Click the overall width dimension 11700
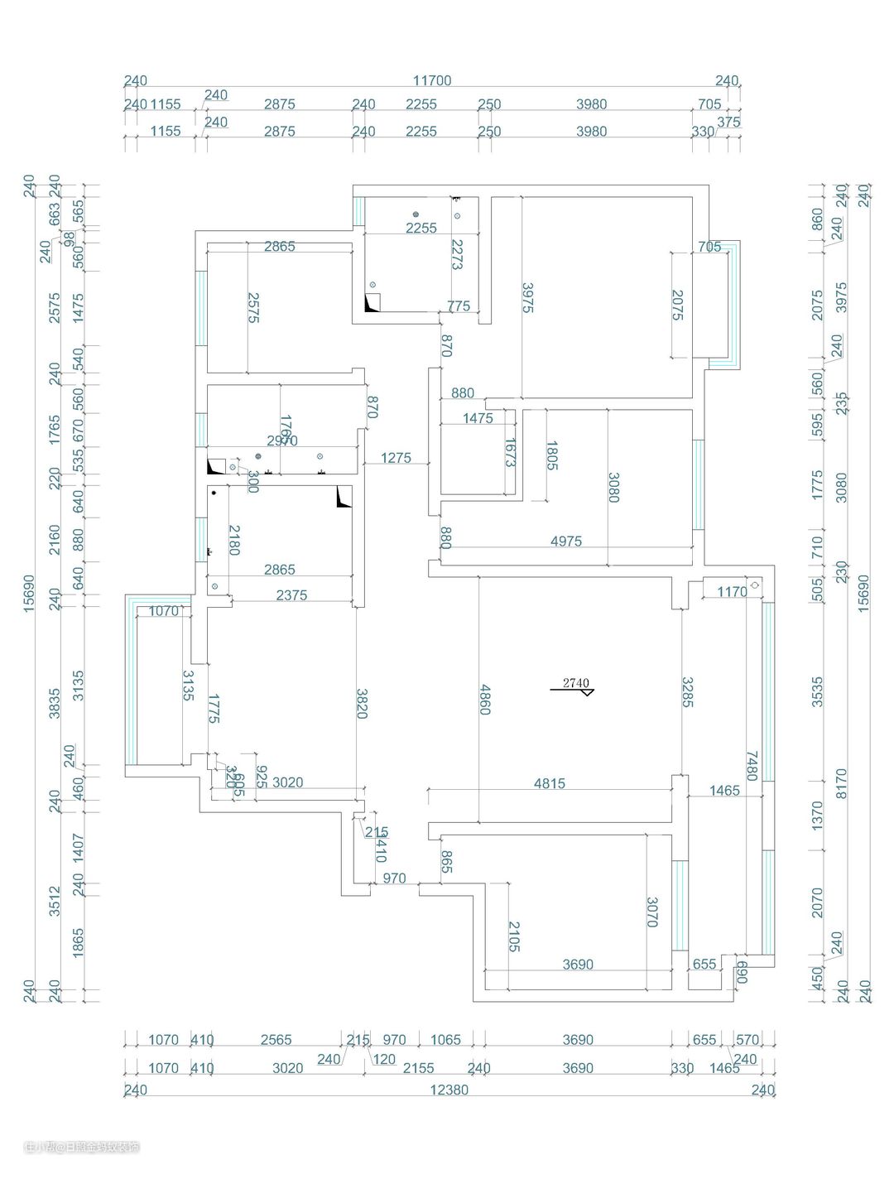coord(432,80)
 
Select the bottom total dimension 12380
coord(449,1090)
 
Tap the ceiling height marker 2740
coord(575,683)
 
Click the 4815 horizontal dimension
coord(550,783)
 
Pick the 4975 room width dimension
coord(566,541)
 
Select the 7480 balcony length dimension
coord(752,766)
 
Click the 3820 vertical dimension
coord(361,703)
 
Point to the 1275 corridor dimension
coord(396,458)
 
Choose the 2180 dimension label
coord(234,540)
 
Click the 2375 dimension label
coord(291,594)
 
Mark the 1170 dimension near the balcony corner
coord(732,591)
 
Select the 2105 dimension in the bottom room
coord(513,936)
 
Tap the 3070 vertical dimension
coord(652,912)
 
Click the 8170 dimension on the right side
coord(841,783)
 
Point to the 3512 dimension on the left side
coord(55,901)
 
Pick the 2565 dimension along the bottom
coord(276,1040)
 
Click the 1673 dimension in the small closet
coord(509,453)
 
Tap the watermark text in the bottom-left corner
coord(82,1147)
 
